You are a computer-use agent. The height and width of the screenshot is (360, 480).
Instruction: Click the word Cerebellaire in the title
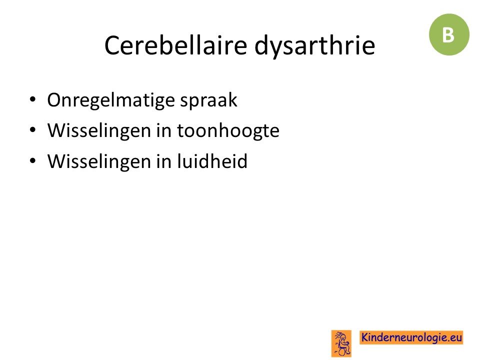point(175,45)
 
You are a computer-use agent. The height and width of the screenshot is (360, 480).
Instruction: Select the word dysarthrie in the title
point(314,46)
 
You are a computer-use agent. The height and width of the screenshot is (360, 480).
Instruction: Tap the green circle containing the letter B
point(449,34)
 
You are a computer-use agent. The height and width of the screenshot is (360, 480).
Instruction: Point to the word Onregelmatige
point(111,100)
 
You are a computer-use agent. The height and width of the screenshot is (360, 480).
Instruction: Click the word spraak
point(208,100)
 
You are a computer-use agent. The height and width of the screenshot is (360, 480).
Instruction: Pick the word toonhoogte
point(228,131)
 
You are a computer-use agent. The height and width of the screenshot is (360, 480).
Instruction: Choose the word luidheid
point(212,160)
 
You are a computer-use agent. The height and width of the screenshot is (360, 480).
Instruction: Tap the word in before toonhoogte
point(164,130)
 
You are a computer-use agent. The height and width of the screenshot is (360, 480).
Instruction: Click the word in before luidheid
point(164,161)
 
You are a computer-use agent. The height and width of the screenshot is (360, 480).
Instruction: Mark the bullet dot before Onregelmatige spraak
point(32,99)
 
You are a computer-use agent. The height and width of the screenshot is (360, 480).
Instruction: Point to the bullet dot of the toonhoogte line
point(32,130)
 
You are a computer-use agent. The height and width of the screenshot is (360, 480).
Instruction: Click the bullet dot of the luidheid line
point(32,160)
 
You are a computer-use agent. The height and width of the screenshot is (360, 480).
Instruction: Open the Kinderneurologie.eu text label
point(411,337)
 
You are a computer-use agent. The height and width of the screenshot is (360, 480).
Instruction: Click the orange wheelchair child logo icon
point(341,343)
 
